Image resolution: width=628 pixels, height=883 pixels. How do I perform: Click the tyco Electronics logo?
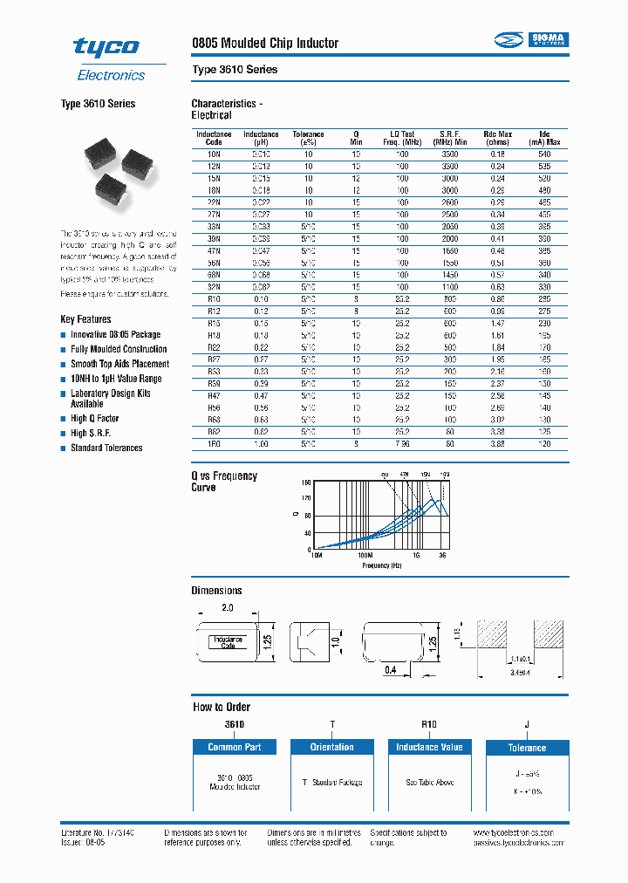108,58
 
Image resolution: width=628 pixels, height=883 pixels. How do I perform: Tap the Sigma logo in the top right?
531,39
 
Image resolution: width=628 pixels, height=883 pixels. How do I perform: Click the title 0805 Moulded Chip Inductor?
265,43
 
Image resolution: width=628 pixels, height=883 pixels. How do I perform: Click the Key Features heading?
85,319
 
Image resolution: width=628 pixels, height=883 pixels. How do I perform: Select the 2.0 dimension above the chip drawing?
227,606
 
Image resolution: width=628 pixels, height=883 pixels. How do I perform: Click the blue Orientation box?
331,747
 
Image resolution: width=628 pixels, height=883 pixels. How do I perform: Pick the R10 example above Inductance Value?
429,724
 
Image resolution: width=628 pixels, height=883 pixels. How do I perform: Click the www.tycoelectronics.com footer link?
521,834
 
